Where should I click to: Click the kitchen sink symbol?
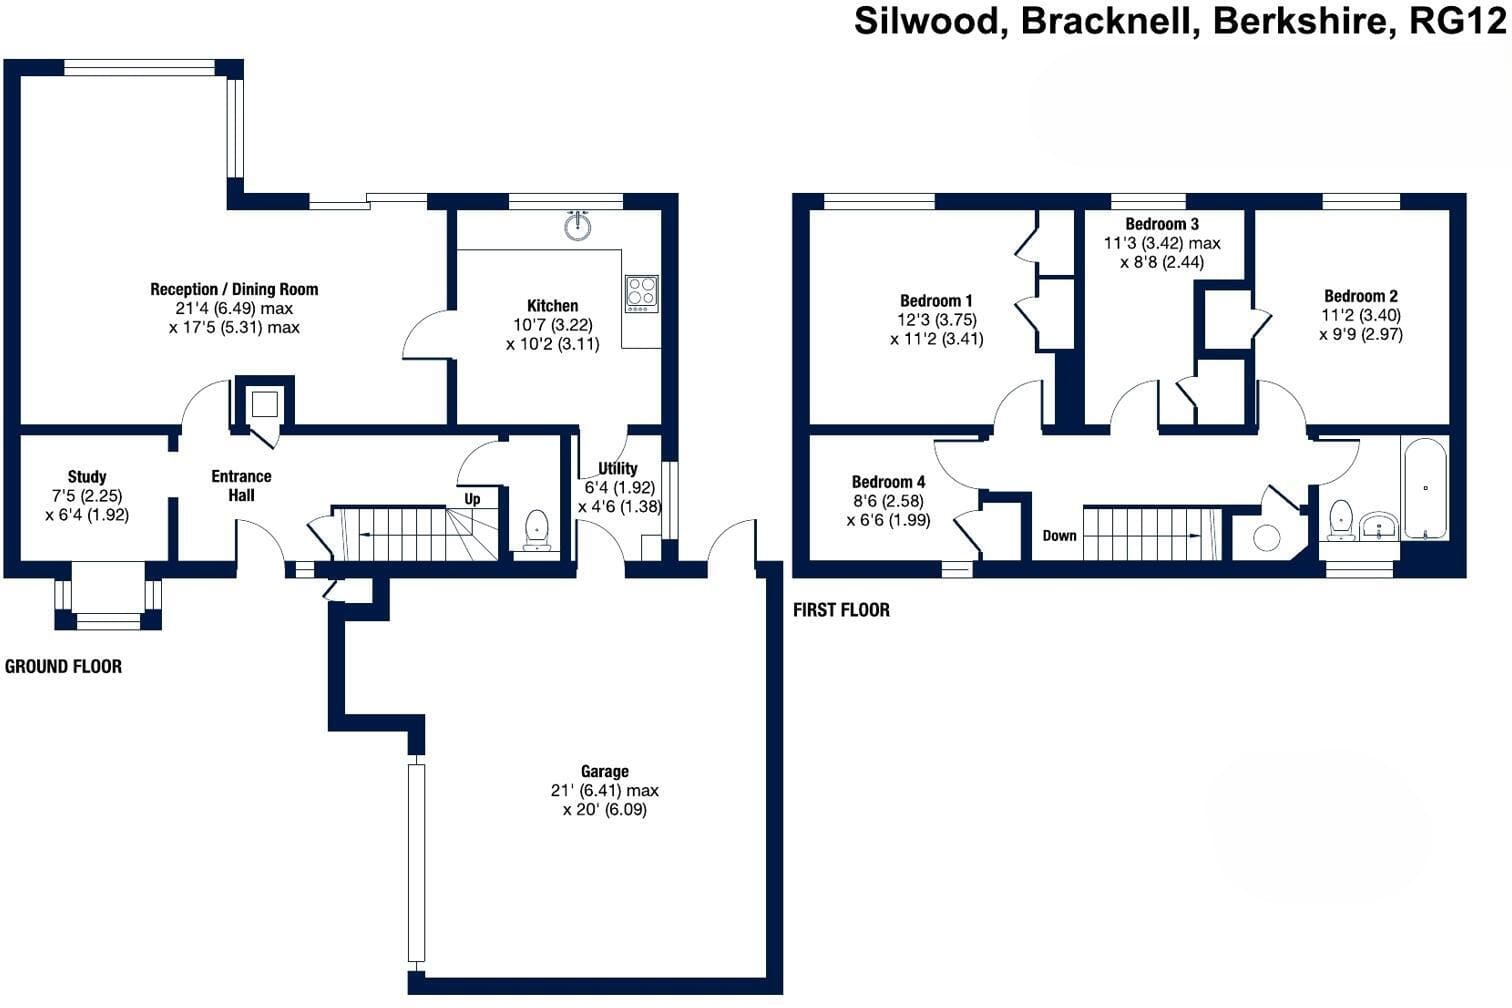click(578, 225)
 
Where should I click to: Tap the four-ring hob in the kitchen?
click(641, 294)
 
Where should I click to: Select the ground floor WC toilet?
click(537, 530)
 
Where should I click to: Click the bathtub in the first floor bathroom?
click(1426, 487)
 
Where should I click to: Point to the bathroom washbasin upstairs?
click(1378, 526)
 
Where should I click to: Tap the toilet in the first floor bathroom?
click(1341, 521)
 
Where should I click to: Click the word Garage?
click(604, 771)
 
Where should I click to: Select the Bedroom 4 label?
click(888, 482)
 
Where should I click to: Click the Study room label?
click(87, 477)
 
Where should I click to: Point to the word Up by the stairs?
click(472, 499)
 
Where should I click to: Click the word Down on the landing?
click(1059, 535)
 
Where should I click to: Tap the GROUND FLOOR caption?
click(63, 666)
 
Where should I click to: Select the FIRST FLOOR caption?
click(841, 610)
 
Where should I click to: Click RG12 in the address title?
click(1457, 22)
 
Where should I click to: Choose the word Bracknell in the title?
click(1106, 22)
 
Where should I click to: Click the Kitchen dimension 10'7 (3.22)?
click(553, 325)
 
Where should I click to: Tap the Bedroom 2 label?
click(1361, 296)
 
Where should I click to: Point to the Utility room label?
click(618, 469)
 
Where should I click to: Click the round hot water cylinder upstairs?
click(1267, 538)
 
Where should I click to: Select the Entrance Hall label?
click(242, 485)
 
